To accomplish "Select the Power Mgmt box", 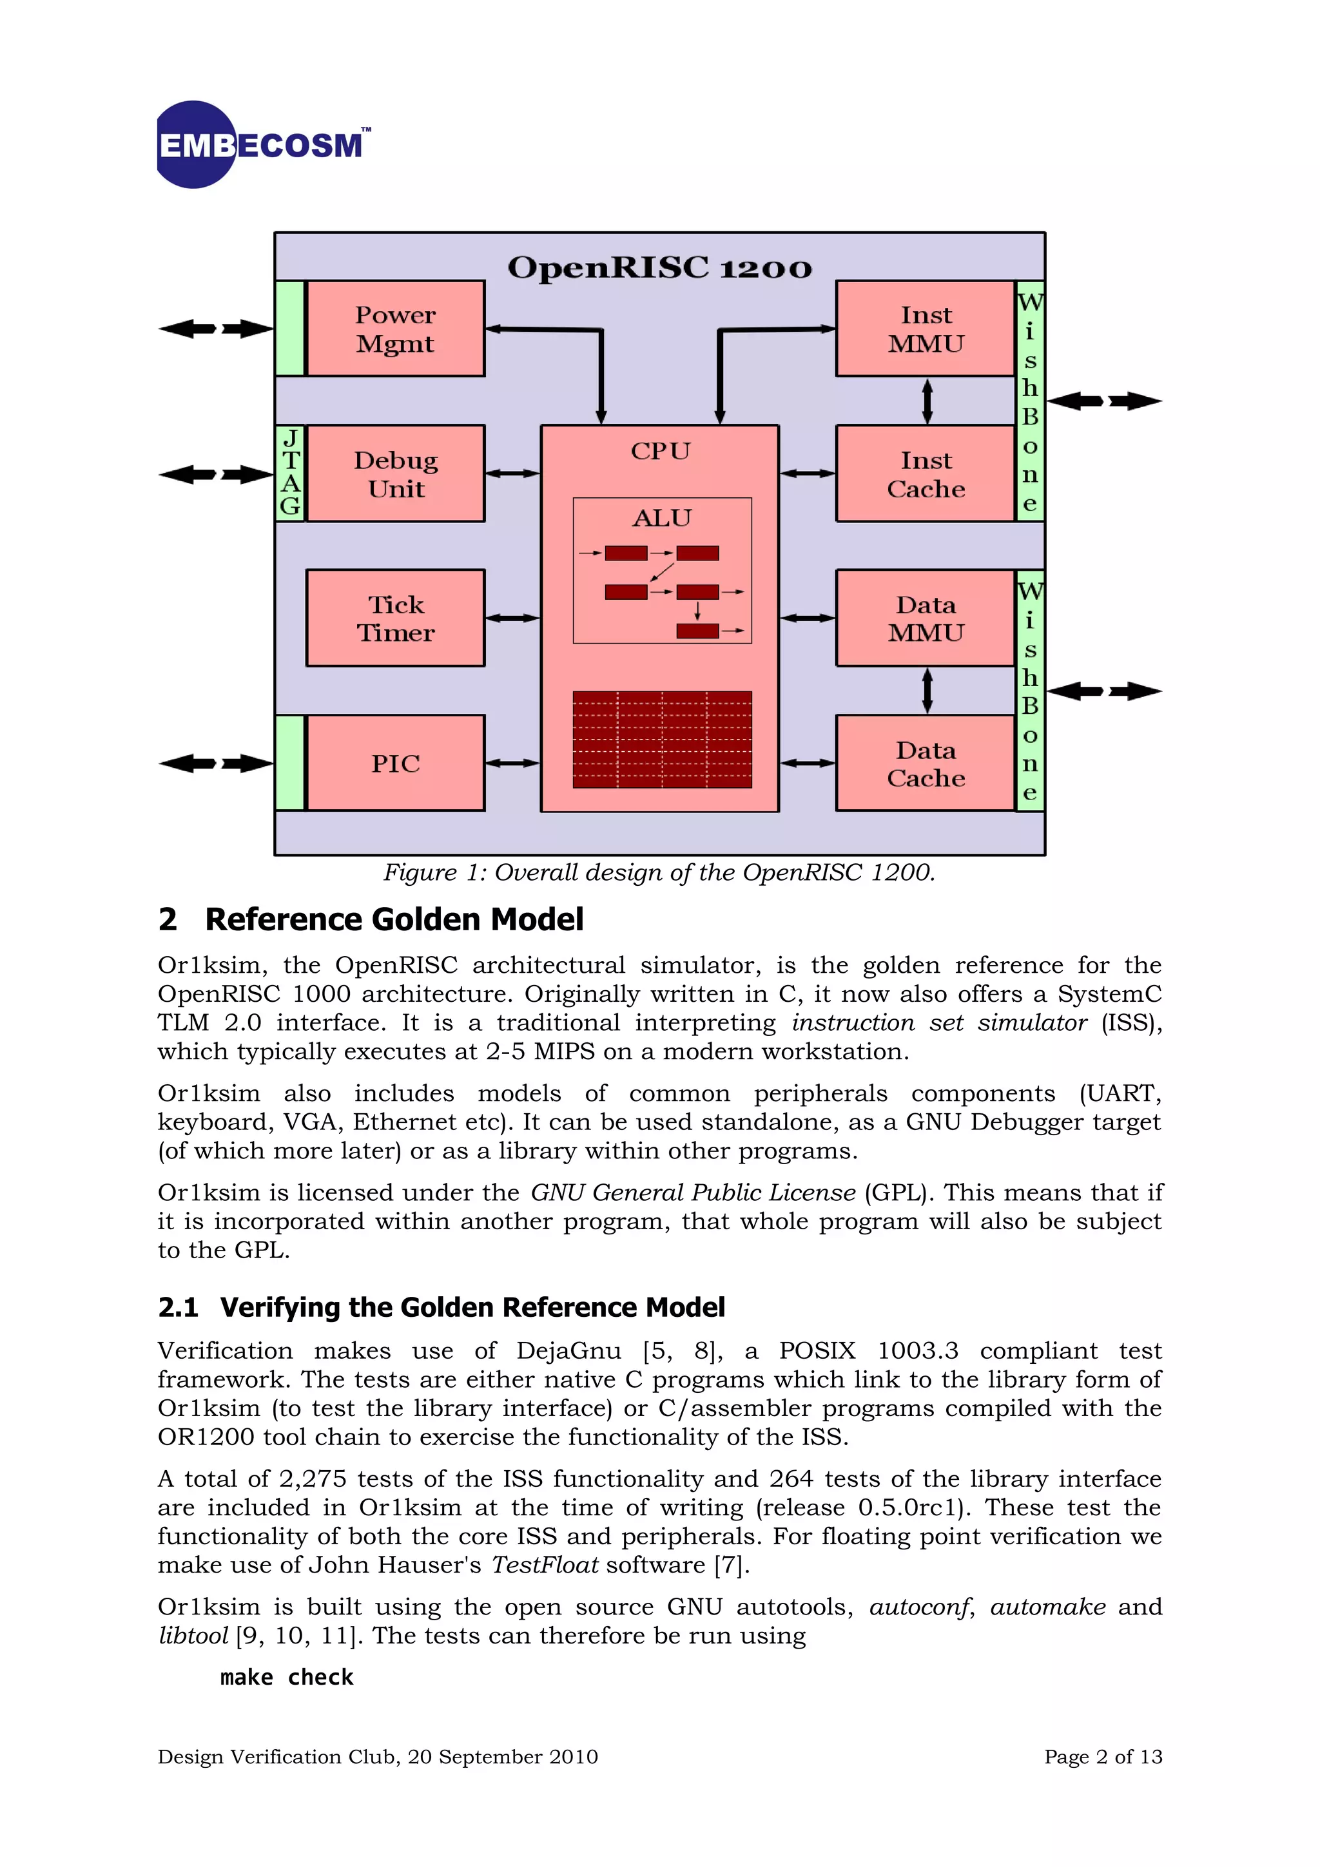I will (395, 329).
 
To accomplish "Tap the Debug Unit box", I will (395, 474).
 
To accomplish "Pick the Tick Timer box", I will (395, 618).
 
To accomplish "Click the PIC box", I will (395, 763).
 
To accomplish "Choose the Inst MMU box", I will (926, 329).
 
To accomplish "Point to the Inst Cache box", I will (926, 474).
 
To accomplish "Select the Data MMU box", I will (926, 618).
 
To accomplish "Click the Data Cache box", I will (926, 763).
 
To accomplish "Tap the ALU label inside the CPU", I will (661, 518).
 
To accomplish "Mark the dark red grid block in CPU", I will (662, 739).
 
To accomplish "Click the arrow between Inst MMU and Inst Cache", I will (927, 401).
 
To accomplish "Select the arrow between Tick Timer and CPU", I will (512, 618).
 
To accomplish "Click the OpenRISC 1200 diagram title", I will (659, 267).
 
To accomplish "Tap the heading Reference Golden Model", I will (394, 920).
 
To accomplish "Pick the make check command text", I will (286, 1677).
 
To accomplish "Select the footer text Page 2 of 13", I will (1103, 1756).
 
